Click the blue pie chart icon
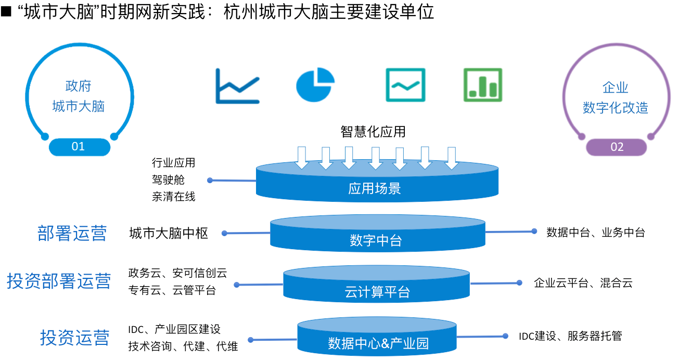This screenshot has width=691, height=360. click(315, 85)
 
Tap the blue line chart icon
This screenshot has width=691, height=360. click(237, 86)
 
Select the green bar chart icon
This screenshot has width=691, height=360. click(483, 85)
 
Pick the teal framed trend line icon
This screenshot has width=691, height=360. click(405, 85)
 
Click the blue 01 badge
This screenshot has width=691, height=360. click(79, 147)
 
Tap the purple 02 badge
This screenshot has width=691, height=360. click(617, 147)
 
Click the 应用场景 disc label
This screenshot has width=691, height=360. click(375, 188)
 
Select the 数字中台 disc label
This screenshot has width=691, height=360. click(376, 240)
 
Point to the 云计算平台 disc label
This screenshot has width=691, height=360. click(377, 292)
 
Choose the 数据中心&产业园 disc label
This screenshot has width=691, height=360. click(378, 343)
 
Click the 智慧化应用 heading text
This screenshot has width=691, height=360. click(373, 132)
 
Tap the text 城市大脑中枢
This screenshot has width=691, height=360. click(169, 233)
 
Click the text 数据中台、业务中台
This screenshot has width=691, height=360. click(596, 233)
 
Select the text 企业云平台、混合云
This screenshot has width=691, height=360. click(583, 283)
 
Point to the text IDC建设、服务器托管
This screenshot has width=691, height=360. click(570, 336)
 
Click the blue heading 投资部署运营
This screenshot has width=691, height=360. click(59, 281)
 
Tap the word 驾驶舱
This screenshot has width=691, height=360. click(168, 179)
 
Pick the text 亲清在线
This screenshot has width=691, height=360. click(174, 197)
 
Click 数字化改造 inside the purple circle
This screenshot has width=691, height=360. click(616, 108)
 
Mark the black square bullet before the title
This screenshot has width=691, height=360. click(6, 12)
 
